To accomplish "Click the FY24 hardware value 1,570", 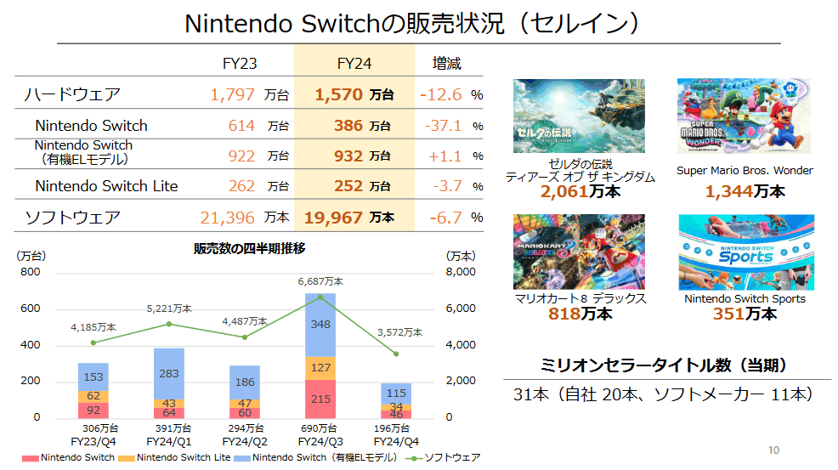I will click(x=339, y=94).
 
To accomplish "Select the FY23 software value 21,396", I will click(x=227, y=218).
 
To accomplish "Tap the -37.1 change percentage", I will click(x=442, y=126).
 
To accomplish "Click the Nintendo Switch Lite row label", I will click(x=106, y=186).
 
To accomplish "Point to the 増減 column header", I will click(x=446, y=64).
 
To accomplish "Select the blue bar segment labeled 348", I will click(x=320, y=325).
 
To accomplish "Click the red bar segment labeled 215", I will click(x=320, y=399).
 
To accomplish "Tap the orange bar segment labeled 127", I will click(x=320, y=368).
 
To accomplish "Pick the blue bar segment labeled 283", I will click(x=169, y=373).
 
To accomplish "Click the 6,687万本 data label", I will click(x=320, y=281).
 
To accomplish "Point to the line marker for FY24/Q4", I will click(x=396, y=354).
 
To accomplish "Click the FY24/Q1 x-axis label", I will click(x=169, y=442).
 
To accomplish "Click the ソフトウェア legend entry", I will click(x=450, y=458).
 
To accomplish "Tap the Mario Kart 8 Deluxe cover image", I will click(x=567, y=252).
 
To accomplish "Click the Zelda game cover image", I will click(x=567, y=116).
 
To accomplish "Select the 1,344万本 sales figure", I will click(x=745, y=191).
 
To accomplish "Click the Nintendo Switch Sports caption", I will click(x=745, y=299).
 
